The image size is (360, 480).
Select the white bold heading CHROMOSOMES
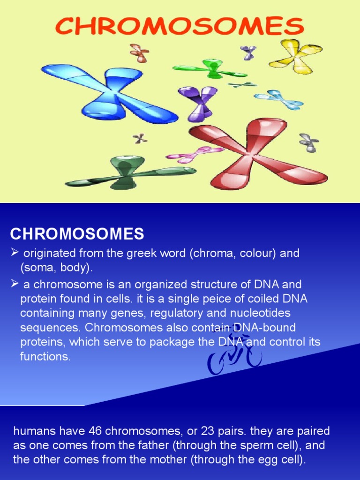pos(77,233)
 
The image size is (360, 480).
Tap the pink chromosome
pos(195,153)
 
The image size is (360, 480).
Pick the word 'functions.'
pos(45,356)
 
